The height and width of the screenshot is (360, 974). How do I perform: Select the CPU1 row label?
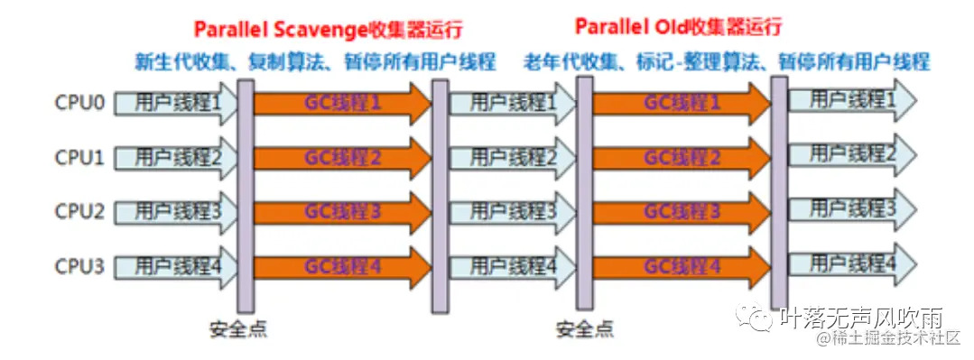79,158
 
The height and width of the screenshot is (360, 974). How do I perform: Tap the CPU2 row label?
79,212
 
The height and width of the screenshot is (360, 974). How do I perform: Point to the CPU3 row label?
79,266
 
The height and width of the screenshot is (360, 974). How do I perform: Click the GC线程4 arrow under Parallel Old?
682,266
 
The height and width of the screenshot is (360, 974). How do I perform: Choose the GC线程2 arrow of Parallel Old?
682,158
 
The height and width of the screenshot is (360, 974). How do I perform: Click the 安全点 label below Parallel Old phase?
584,328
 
